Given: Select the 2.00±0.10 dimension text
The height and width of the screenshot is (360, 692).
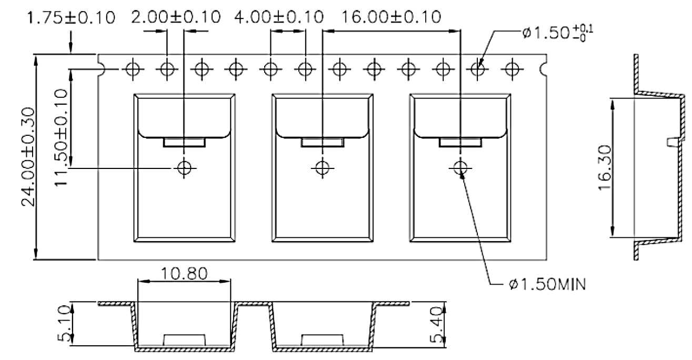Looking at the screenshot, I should pyautogui.click(x=176, y=17).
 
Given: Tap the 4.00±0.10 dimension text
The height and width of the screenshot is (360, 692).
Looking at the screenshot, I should pyautogui.click(x=278, y=17).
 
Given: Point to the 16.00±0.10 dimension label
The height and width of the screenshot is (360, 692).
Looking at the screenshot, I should pyautogui.click(x=391, y=17).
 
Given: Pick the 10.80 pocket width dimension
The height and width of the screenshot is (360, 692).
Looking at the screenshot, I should pyautogui.click(x=184, y=274).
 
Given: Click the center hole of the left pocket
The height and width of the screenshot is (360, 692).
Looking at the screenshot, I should pyautogui.click(x=184, y=168).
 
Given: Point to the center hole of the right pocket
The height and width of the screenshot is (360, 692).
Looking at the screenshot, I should pyautogui.click(x=460, y=168).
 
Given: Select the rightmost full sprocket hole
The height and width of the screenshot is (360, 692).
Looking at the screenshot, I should pyautogui.click(x=511, y=68).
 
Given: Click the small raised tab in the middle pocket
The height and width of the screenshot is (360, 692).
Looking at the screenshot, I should pyautogui.click(x=323, y=142).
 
